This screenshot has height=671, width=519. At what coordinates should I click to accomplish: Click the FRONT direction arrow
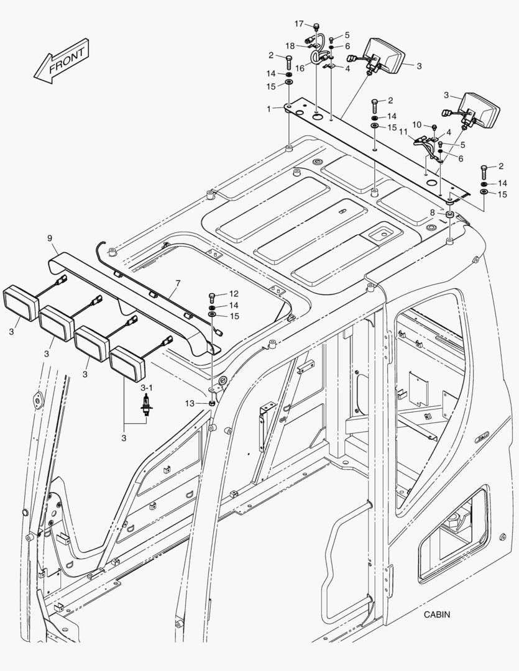[x=63, y=62]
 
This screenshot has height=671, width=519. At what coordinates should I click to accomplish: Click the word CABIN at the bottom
[x=438, y=614]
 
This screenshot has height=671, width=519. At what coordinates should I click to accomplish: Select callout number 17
[x=299, y=24]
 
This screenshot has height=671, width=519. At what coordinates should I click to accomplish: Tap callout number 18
[x=290, y=46]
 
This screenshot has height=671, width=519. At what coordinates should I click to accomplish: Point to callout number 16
[x=300, y=69]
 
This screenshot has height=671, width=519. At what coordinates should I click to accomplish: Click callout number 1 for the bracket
[x=269, y=109]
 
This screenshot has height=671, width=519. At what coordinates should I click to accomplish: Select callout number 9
[x=50, y=238]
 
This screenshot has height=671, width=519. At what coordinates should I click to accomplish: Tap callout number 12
[x=234, y=293]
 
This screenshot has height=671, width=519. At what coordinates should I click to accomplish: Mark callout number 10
[x=417, y=126]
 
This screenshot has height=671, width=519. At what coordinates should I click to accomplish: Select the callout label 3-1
[x=147, y=388]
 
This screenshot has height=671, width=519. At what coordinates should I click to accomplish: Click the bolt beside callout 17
[x=316, y=26]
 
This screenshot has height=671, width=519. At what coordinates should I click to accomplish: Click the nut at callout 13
[x=213, y=403]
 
